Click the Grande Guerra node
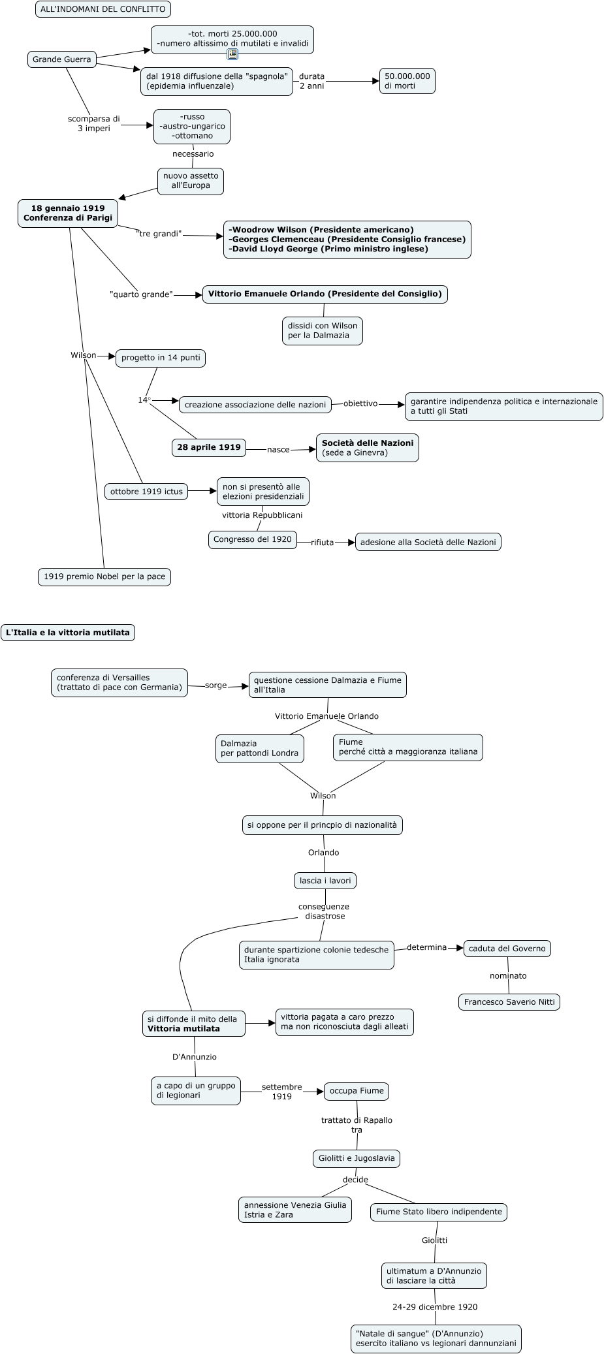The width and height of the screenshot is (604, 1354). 62,59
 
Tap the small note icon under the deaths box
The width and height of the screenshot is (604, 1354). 232,54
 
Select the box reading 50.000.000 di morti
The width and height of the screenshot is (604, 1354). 407,81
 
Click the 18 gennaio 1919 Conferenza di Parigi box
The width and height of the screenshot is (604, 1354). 68,213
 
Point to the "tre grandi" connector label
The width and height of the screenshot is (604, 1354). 159,234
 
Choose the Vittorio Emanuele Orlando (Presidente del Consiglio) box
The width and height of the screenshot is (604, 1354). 325,294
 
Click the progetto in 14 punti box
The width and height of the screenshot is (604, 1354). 161,358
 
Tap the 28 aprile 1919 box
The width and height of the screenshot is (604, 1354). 209,447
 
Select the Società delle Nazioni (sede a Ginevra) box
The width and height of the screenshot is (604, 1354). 367,448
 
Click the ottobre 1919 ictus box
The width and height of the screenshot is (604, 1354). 146,492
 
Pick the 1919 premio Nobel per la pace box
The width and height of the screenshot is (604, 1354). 104,576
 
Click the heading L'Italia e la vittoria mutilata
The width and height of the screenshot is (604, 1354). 68,632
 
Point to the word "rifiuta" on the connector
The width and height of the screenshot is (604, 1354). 322,543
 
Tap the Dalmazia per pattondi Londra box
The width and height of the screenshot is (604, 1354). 259,748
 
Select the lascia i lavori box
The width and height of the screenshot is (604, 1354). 325,881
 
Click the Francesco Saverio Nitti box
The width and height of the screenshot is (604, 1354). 509,1001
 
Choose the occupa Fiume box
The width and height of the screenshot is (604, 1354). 357,1091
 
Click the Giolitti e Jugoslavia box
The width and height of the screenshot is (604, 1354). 357,1158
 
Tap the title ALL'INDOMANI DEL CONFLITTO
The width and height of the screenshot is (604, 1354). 103,9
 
